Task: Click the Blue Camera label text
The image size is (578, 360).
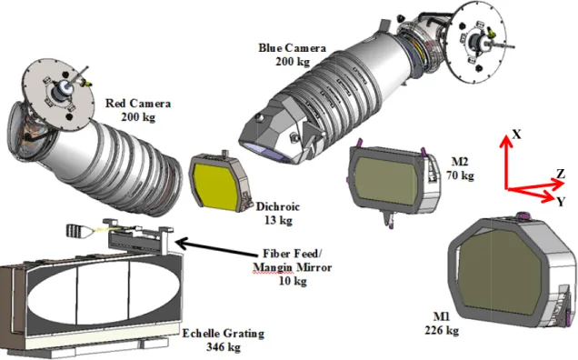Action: pos(293,48)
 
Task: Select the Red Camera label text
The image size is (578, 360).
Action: pos(138,104)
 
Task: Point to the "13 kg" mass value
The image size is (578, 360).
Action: pos(278,220)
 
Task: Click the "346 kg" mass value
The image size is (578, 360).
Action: pos(224,347)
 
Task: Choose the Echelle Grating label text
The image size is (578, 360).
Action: pos(224,334)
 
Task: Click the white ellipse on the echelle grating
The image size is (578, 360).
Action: pos(105,292)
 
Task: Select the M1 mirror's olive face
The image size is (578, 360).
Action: pos(501,270)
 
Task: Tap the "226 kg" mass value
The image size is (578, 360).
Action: pos(442,330)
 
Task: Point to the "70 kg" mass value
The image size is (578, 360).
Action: pos(461,175)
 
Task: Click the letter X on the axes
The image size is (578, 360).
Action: pos(517,135)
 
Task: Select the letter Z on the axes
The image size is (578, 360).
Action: pos(561,174)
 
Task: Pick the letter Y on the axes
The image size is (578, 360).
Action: pos(561,202)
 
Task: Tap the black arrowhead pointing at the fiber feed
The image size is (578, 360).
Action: pos(183,243)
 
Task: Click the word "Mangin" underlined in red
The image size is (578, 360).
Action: pos(273,267)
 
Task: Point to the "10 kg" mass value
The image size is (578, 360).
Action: pos(293,281)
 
